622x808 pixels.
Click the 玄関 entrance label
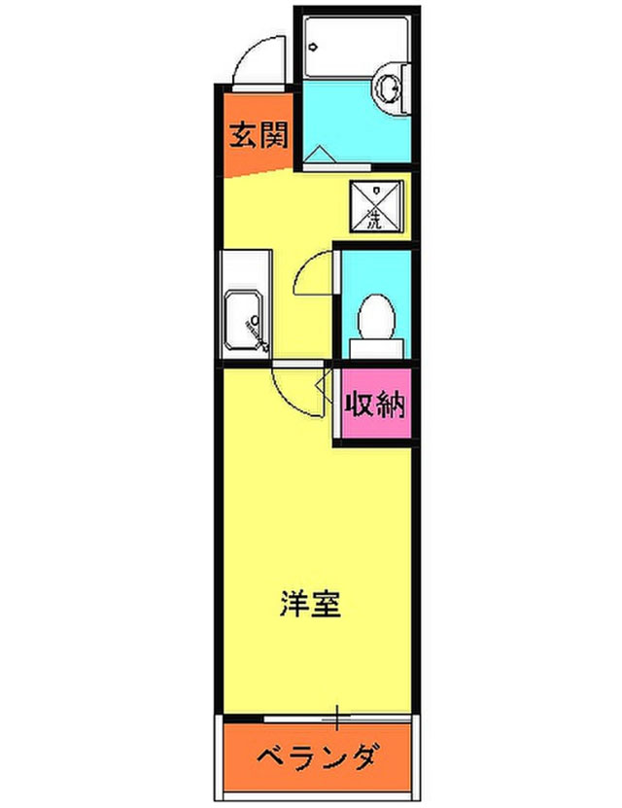pyautogui.click(x=259, y=134)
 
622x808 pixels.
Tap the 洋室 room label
pyautogui.click(x=310, y=604)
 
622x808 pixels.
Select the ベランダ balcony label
pyautogui.click(x=318, y=756)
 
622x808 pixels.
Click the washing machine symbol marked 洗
pyautogui.click(x=374, y=205)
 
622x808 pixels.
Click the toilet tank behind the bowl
pyautogui.click(x=376, y=343)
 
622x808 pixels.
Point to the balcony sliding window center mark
pyautogui.click(x=337, y=720)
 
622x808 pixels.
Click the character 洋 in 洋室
pyautogui.click(x=293, y=604)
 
